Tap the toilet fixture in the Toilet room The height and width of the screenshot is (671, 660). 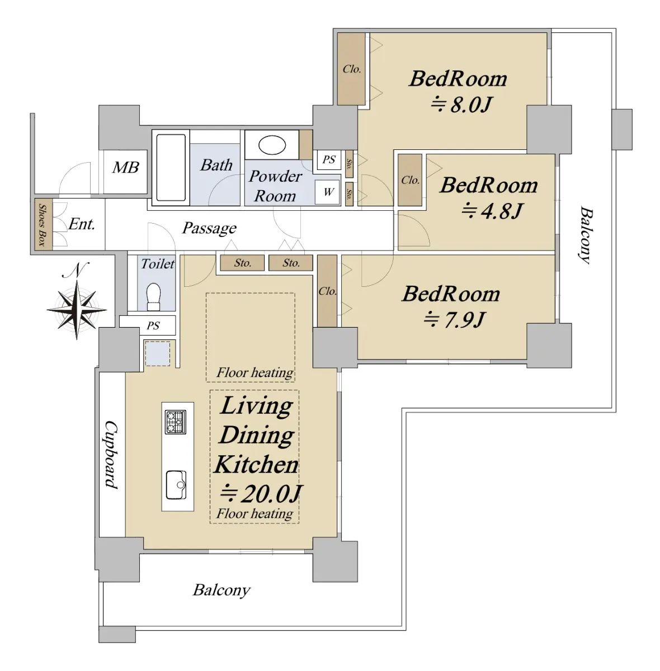pyautogui.click(x=153, y=296)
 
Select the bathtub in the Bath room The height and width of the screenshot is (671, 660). pyautogui.click(x=171, y=168)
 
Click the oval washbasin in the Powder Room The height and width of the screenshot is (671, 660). pyautogui.click(x=272, y=145)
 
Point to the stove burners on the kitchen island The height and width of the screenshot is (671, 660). pyautogui.click(x=175, y=422)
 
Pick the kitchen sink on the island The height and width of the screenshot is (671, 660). pyautogui.click(x=176, y=485)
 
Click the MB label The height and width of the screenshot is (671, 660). pyautogui.click(x=125, y=168)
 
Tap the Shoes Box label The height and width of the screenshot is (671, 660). pyautogui.click(x=43, y=224)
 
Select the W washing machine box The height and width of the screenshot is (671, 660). pyautogui.click(x=327, y=192)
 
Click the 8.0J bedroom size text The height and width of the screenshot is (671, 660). pyautogui.click(x=462, y=104)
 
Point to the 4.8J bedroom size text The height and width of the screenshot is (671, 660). pyautogui.click(x=492, y=211)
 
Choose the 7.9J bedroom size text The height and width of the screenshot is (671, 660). pyautogui.click(x=454, y=319)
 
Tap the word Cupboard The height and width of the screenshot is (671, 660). pyautogui.click(x=111, y=455)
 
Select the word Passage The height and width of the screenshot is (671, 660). pyautogui.click(x=209, y=229)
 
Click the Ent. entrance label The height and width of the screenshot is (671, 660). pyautogui.click(x=82, y=224)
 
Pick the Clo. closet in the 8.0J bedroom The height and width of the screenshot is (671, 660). pyautogui.click(x=351, y=69)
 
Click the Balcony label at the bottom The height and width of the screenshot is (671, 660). pyautogui.click(x=221, y=590)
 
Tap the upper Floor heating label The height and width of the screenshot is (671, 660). pyautogui.click(x=254, y=373)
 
